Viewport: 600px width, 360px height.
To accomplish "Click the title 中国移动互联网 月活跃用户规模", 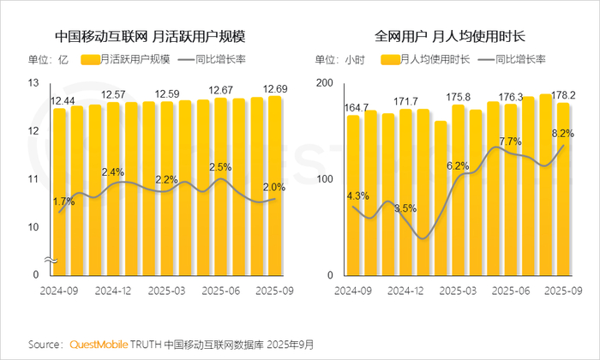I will [x=149, y=37].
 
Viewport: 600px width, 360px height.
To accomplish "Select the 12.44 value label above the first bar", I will [x=62, y=101].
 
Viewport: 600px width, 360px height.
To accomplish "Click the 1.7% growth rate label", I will [x=64, y=201].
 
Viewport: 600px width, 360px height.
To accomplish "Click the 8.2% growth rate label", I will [x=561, y=134].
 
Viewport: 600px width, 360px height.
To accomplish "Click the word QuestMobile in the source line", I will [x=97, y=345].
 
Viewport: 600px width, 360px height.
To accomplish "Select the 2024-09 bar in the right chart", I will [x=353, y=195].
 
